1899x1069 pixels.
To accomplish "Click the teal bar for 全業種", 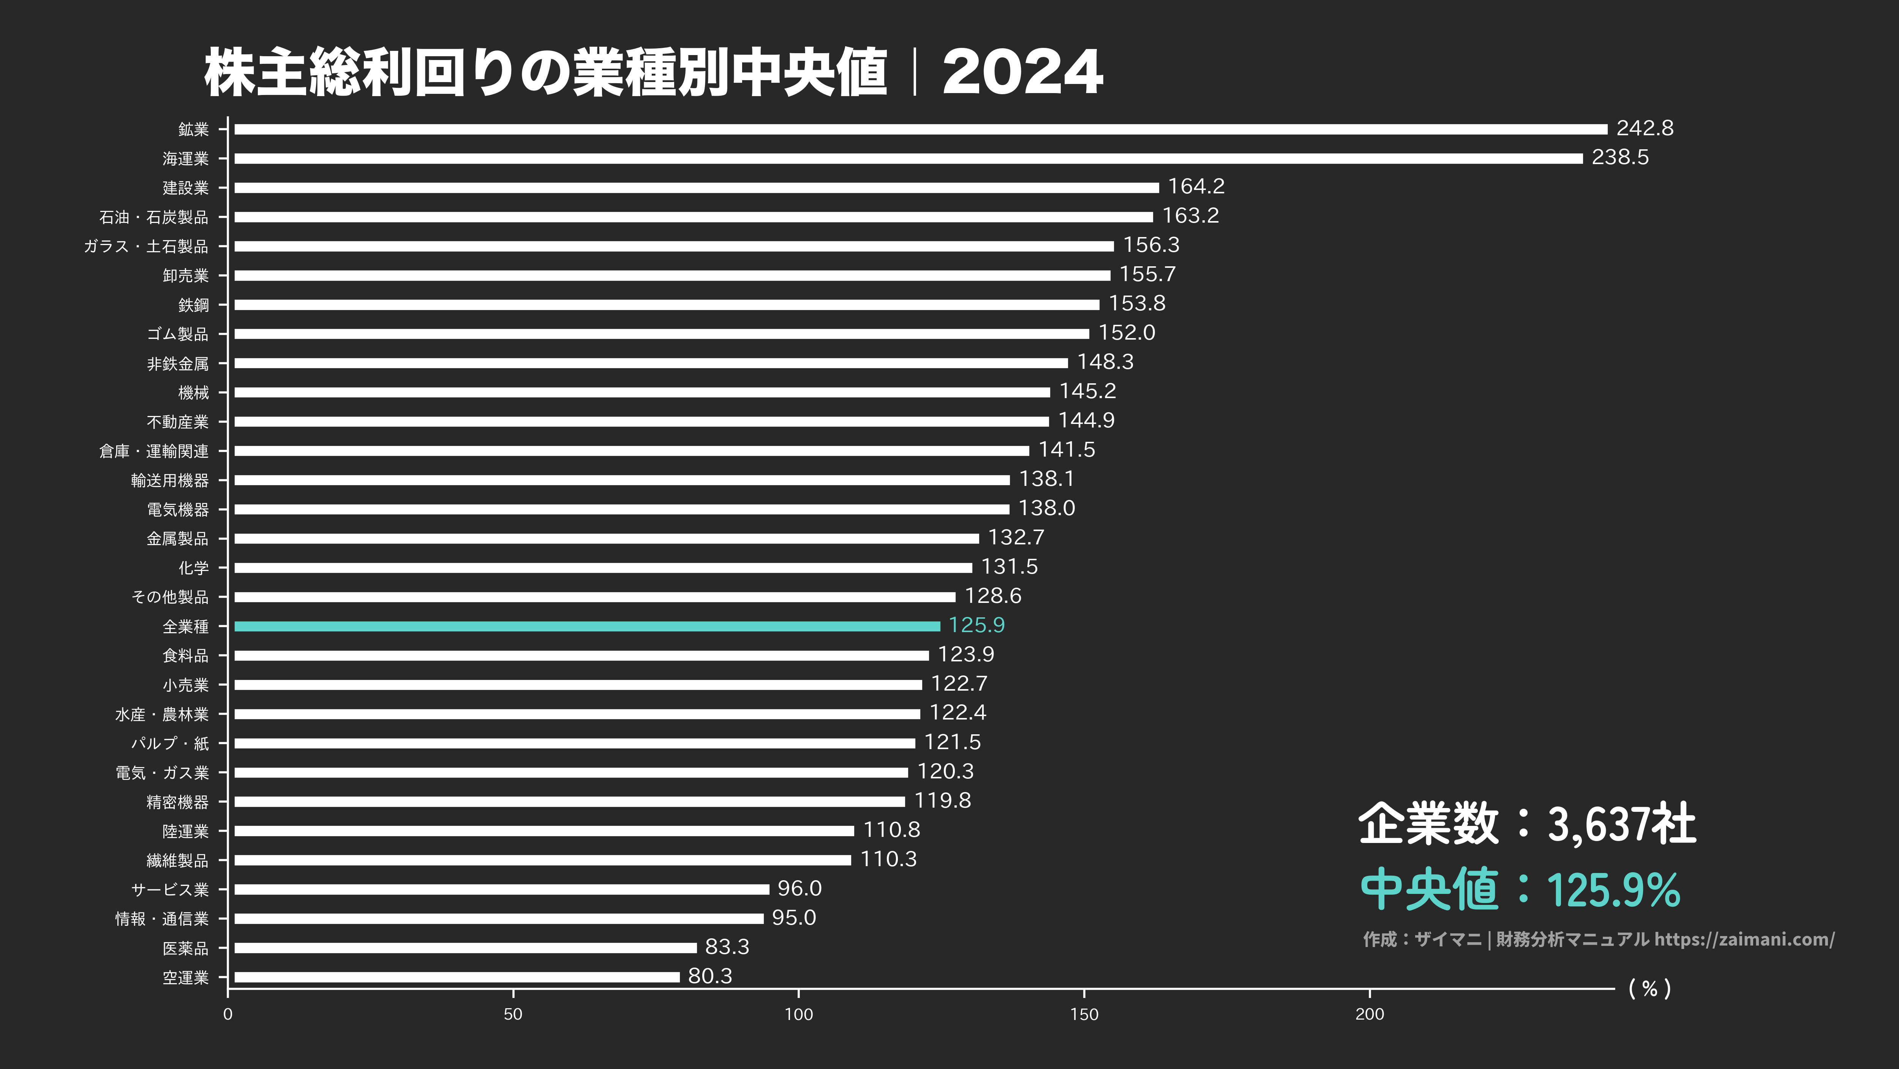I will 587,626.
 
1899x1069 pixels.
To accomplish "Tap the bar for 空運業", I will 457,977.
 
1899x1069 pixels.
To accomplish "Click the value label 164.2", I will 1196,187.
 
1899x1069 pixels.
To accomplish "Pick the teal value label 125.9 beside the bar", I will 976,625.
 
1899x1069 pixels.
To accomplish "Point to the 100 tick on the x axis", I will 798,1014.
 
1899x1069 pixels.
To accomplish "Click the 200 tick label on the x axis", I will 1369,1014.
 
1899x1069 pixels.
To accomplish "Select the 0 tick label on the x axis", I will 228,1014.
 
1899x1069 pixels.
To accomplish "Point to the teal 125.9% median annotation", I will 1613,890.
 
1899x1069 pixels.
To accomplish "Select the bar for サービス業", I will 501,889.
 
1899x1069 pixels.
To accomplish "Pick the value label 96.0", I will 799,889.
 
